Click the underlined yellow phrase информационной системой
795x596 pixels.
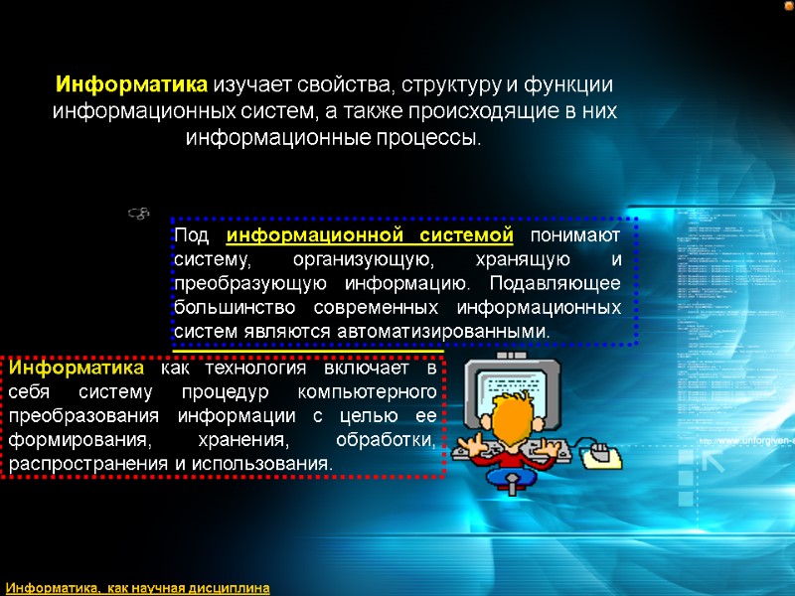pyautogui.click(x=370, y=235)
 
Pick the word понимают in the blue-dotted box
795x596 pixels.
pyautogui.click(x=575, y=235)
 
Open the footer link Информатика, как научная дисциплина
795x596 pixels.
pyautogui.click(x=138, y=588)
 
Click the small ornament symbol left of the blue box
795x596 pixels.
pyautogui.click(x=139, y=213)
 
